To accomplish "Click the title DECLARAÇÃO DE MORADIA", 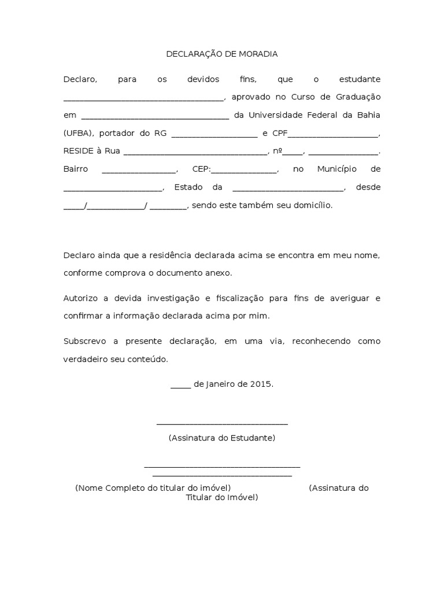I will click(x=222, y=54).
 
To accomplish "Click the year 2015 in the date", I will click(x=261, y=384).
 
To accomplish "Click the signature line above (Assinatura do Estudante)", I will click(x=222, y=424).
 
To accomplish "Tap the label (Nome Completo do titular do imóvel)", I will click(x=153, y=488).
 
